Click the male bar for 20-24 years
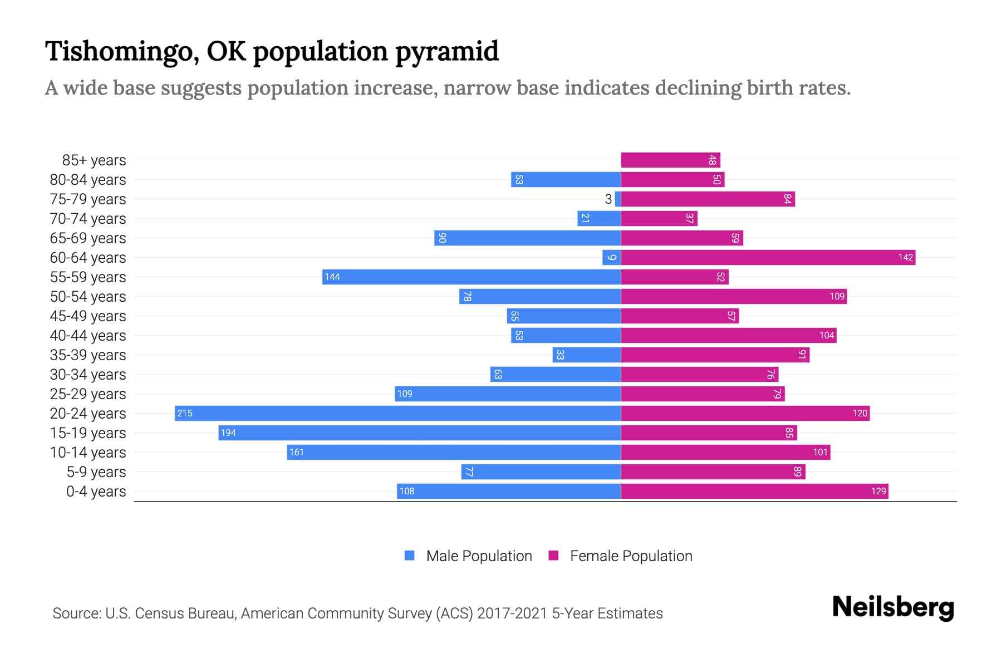[x=397, y=413]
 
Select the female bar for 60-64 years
[x=768, y=257]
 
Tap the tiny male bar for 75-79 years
[x=618, y=199]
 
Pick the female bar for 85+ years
[x=670, y=160]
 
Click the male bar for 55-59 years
[x=471, y=277]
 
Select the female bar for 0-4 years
[x=754, y=491]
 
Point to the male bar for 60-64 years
[x=611, y=257]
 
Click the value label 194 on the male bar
[x=228, y=433]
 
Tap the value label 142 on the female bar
[x=905, y=257]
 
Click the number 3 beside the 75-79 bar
[x=608, y=199]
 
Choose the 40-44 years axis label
[x=88, y=336]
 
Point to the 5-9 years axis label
[x=96, y=472]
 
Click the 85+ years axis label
[x=94, y=160]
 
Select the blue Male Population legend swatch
[x=410, y=556]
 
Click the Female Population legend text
[x=631, y=556]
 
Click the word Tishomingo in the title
[x=119, y=52]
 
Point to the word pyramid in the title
[x=447, y=52]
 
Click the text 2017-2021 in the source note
[x=512, y=613]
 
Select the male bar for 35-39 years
[x=586, y=355]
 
